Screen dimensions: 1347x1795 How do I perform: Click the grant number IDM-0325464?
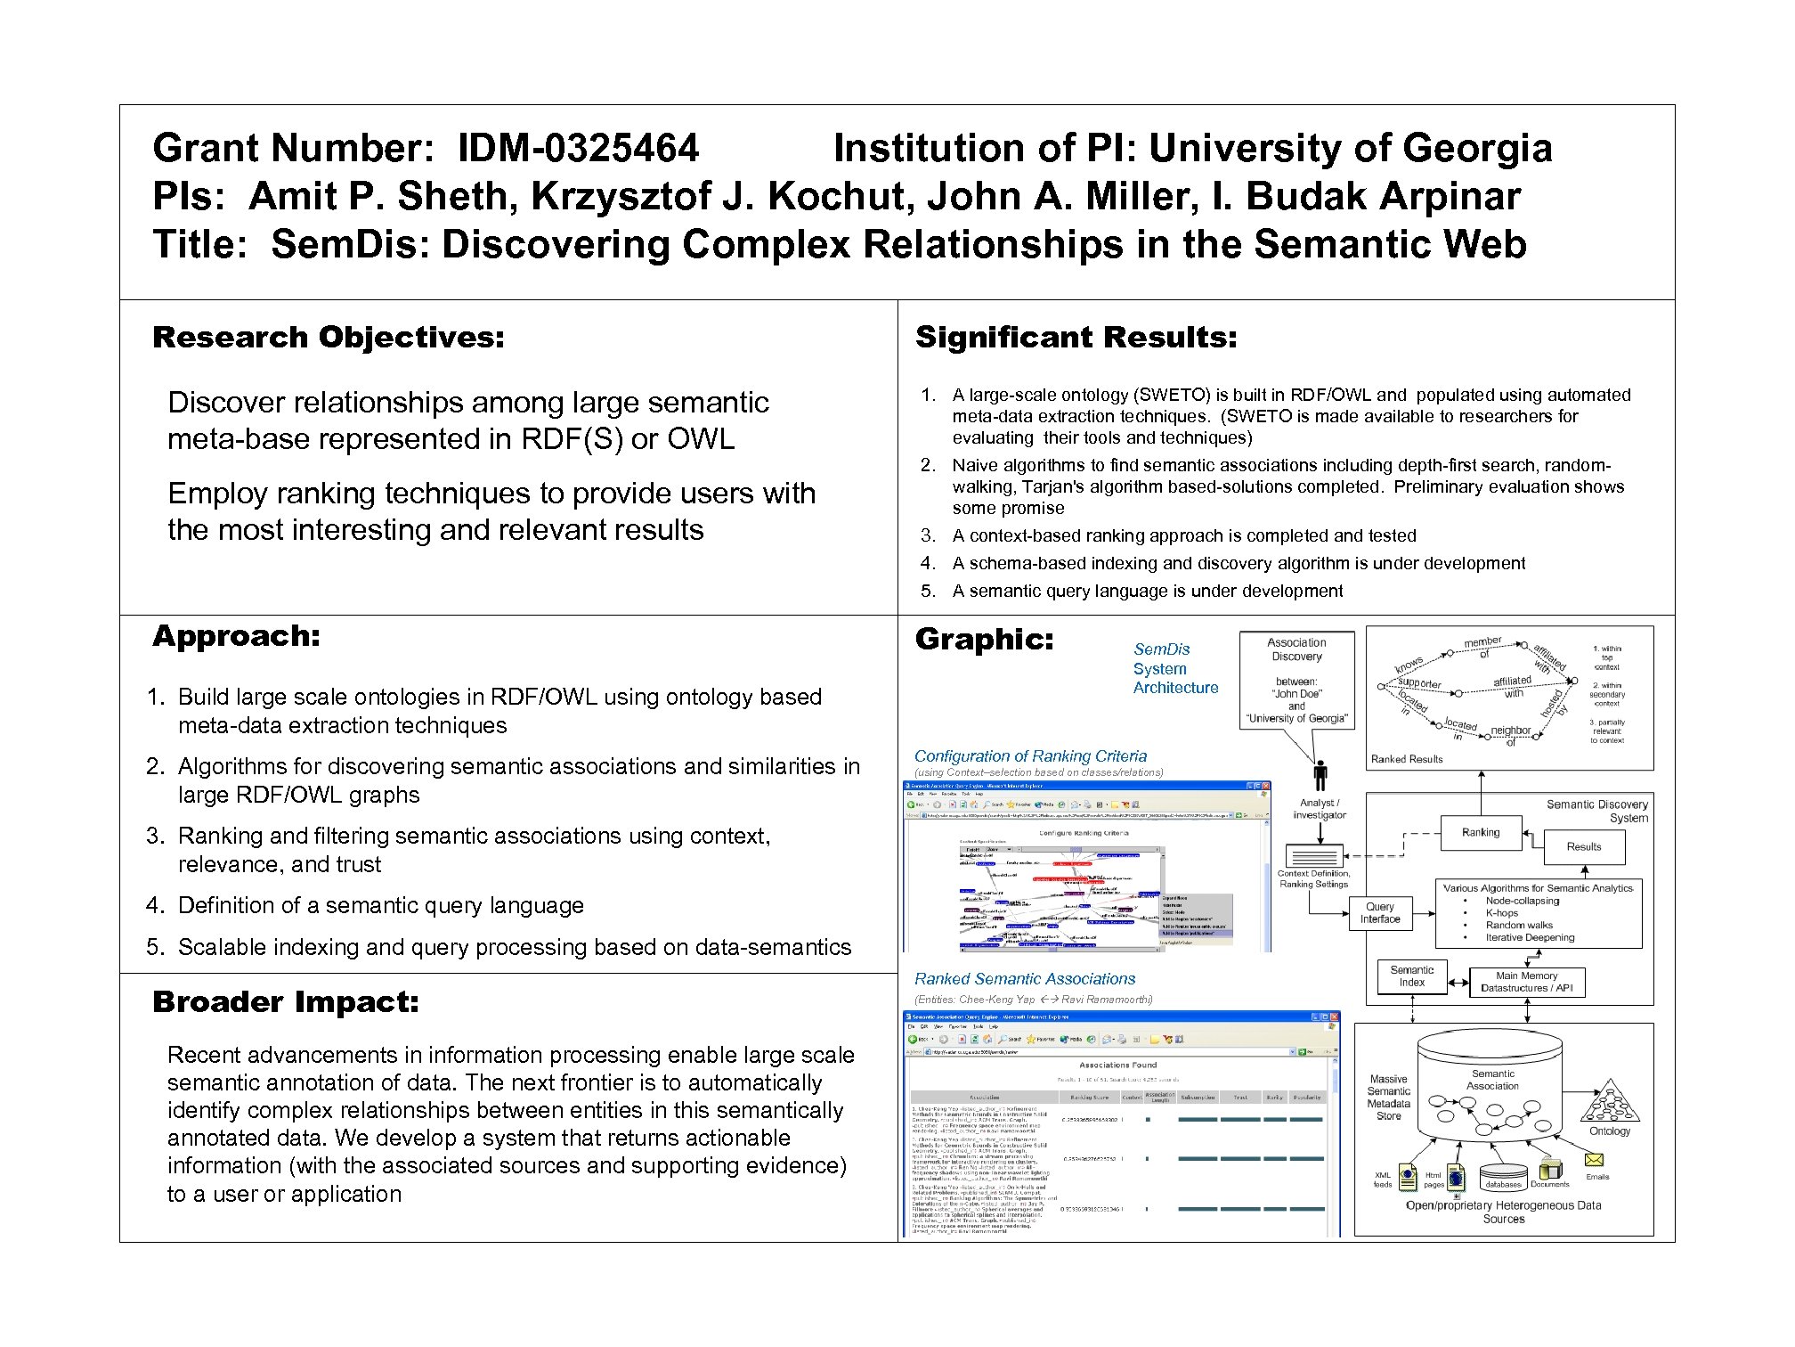pos(578,149)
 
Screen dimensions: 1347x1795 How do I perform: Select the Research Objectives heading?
pos(329,338)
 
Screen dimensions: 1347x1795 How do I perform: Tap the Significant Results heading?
pos(1076,338)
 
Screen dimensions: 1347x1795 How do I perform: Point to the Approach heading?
pos(236,636)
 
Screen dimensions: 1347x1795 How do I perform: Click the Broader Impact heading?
pos(286,1002)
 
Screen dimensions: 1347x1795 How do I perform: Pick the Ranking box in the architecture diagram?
pos(1481,833)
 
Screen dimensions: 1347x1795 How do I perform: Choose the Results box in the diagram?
pos(1583,847)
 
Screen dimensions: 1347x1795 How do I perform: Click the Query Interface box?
pos(1379,913)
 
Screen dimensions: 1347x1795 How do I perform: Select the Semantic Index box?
pos(1411,976)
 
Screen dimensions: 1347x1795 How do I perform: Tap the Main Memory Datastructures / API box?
pos(1526,982)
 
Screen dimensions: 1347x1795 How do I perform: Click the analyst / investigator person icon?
pos(1320,775)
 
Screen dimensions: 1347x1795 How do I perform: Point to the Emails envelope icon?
pos(1594,1160)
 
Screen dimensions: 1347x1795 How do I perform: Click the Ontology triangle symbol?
pos(1609,1103)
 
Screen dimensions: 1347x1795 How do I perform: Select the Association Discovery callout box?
pos(1296,680)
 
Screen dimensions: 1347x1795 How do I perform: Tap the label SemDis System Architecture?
pos(1174,669)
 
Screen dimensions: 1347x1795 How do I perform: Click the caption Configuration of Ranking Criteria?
pos(1030,756)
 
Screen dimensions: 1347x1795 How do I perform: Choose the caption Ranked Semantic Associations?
pos(1025,979)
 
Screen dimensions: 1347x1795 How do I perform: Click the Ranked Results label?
pos(1407,759)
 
